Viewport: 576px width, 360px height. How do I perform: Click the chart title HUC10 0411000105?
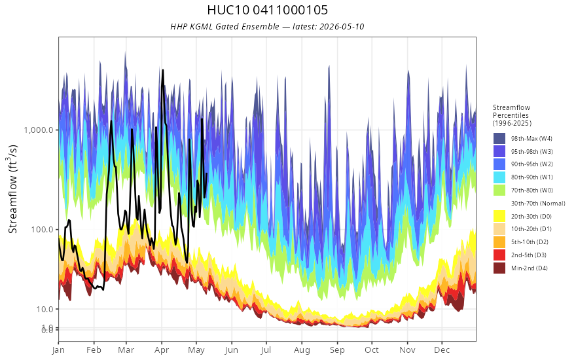point(267,10)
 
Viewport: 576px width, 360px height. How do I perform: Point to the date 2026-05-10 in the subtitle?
point(342,26)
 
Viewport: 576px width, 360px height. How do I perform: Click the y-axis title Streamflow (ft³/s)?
point(13,189)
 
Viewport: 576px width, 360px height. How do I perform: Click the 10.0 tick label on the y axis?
point(45,309)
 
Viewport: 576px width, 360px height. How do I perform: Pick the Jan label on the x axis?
point(58,350)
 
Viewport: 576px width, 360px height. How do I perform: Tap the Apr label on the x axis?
point(162,350)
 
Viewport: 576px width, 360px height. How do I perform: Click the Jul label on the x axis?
point(266,350)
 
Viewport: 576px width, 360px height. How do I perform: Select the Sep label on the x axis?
point(337,350)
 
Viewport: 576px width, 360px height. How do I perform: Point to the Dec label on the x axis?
point(442,350)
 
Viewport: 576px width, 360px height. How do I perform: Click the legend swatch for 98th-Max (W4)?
point(499,139)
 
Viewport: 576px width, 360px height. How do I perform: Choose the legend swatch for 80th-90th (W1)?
point(499,177)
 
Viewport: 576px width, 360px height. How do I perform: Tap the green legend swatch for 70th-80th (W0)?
point(499,190)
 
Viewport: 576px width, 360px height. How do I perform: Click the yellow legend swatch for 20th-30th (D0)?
point(499,216)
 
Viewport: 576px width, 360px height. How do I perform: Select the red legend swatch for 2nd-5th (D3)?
point(499,255)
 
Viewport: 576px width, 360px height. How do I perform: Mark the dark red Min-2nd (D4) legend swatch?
point(499,268)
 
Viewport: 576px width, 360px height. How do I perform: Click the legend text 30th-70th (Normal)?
point(538,203)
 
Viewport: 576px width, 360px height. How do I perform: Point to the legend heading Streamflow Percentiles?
point(512,111)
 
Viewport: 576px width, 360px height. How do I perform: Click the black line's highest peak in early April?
point(163,70)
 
